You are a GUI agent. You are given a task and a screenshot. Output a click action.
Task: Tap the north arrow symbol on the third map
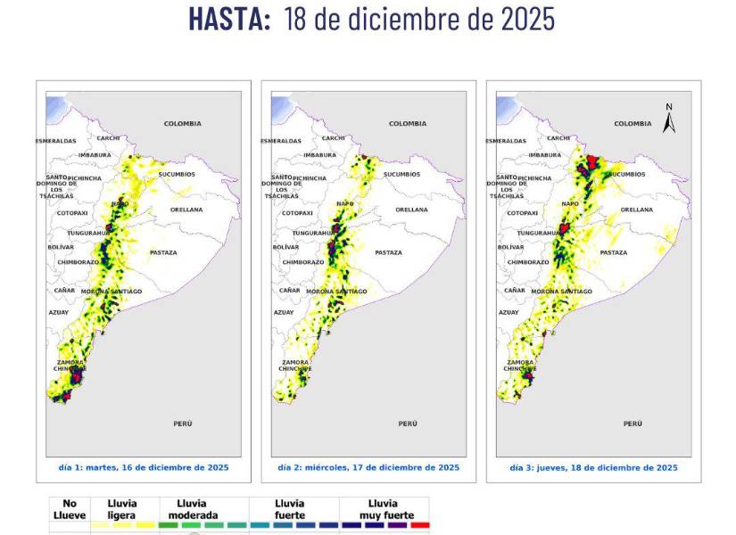pyautogui.click(x=669, y=119)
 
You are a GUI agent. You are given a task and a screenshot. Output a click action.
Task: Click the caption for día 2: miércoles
pyautogui.click(x=368, y=467)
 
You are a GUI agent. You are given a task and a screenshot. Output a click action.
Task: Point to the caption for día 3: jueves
pyautogui.click(x=593, y=467)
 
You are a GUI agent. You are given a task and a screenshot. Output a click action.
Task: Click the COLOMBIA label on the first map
pyautogui.click(x=182, y=123)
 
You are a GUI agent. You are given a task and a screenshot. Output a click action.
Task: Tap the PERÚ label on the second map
pyautogui.click(x=408, y=424)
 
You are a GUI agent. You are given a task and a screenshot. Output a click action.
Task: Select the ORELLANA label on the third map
pyautogui.click(x=636, y=210)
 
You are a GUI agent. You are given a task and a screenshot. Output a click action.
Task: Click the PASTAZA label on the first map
pyautogui.click(x=163, y=252)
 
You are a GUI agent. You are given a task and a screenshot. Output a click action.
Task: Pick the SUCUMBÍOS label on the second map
pyautogui.click(x=401, y=174)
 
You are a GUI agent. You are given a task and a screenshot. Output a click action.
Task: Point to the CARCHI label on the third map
pyautogui.click(x=558, y=138)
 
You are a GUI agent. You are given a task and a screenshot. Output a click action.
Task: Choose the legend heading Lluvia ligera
pyautogui.click(x=122, y=509)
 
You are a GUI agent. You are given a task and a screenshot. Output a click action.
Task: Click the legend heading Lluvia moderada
pyautogui.click(x=191, y=509)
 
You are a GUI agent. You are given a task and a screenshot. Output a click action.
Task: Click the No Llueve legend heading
pyautogui.click(x=63, y=509)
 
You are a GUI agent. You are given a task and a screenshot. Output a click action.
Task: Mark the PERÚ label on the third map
pyautogui.click(x=633, y=424)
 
